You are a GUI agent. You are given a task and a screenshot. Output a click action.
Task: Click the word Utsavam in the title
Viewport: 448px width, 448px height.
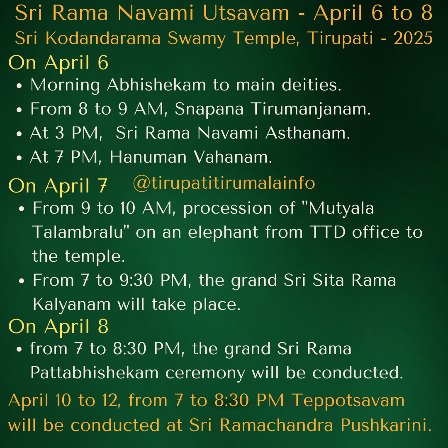(246, 13)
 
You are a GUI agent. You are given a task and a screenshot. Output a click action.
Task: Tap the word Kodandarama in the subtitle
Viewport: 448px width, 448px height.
(103, 38)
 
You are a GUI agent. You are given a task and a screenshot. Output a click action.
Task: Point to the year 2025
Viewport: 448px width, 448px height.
(413, 38)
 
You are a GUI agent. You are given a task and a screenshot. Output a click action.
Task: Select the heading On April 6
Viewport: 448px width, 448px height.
(58, 63)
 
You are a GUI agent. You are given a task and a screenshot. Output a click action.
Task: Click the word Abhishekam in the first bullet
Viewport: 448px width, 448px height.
(156, 85)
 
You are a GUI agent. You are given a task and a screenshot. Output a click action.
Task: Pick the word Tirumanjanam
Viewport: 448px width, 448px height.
(311, 110)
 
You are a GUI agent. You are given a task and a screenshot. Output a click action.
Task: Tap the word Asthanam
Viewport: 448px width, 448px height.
(308, 133)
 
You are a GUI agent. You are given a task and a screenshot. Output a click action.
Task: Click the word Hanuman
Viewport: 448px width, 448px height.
(148, 157)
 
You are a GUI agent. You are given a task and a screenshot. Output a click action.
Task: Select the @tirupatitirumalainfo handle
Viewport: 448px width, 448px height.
(224, 183)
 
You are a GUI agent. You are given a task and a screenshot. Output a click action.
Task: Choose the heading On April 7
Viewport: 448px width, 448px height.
(58, 186)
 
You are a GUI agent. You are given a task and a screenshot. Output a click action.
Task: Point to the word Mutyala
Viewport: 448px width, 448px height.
(341, 208)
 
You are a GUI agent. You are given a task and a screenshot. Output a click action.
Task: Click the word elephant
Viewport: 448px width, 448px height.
(223, 232)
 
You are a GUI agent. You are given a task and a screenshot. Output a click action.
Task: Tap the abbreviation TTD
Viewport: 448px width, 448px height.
(327, 232)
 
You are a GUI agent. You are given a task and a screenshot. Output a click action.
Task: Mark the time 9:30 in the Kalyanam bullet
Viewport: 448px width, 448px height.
(136, 280)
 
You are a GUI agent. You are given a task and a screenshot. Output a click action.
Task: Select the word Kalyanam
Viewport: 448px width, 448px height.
(71, 304)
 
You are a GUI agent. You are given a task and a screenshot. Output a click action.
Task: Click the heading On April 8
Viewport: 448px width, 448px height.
(58, 326)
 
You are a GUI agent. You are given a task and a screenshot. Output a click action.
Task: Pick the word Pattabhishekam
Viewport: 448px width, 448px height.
(94, 373)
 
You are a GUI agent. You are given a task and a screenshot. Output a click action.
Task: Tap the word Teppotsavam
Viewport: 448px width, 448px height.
(348, 401)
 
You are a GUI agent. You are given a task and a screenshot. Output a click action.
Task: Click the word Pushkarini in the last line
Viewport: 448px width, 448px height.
(386, 425)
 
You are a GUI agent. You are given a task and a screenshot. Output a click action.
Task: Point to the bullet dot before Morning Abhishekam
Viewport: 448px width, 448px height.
(19, 86)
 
